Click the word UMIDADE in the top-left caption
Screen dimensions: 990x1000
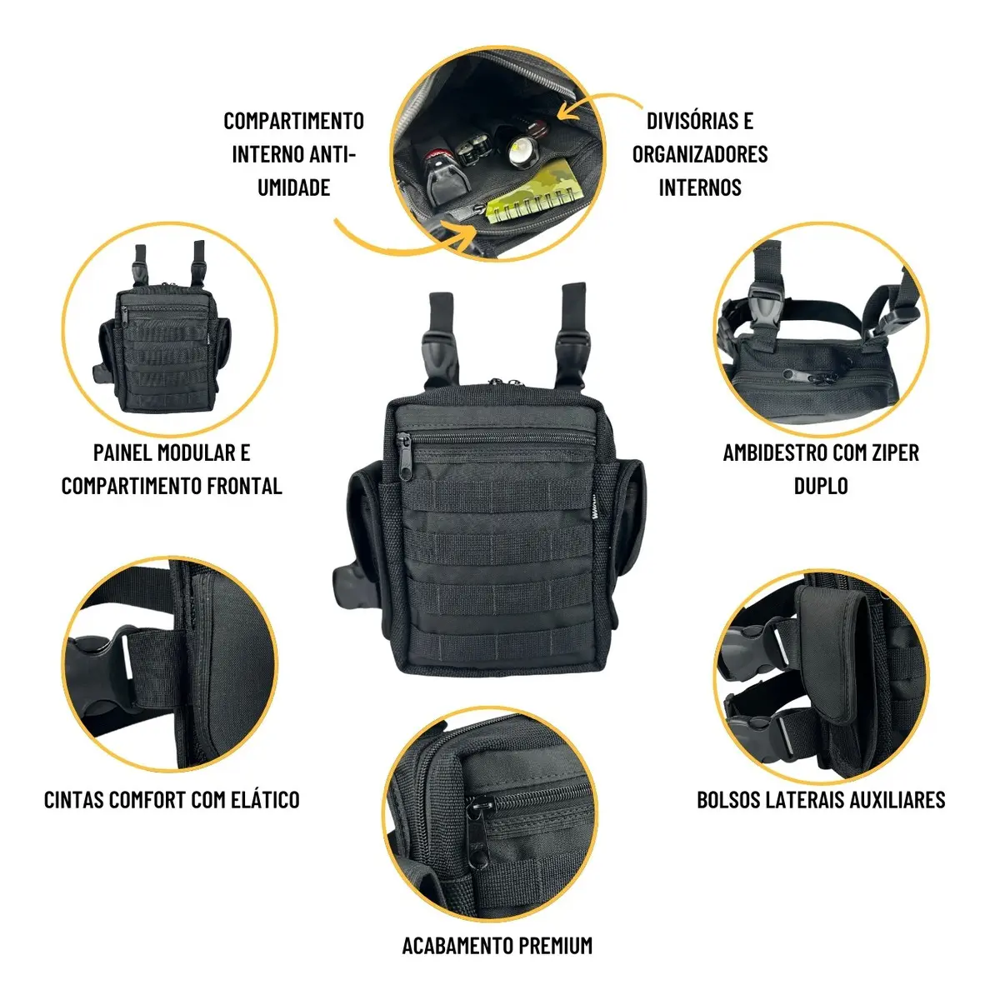coord(293,187)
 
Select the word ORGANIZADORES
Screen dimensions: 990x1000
coord(700,154)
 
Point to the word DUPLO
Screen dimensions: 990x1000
coord(821,486)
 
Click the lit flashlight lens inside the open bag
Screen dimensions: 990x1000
coord(520,152)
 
